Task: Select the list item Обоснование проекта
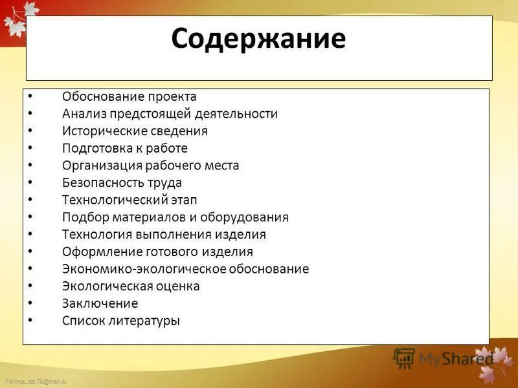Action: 129,96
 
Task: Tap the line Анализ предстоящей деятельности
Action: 170,114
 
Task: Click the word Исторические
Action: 99,131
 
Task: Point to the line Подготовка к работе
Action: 124,148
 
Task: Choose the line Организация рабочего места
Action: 150,166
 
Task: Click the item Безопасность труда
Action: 122,182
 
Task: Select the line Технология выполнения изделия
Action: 164,234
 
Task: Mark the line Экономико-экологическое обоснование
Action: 185,269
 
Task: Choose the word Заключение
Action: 100,303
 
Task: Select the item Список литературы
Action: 121,320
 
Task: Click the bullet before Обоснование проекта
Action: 30,96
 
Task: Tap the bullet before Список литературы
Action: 30,320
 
